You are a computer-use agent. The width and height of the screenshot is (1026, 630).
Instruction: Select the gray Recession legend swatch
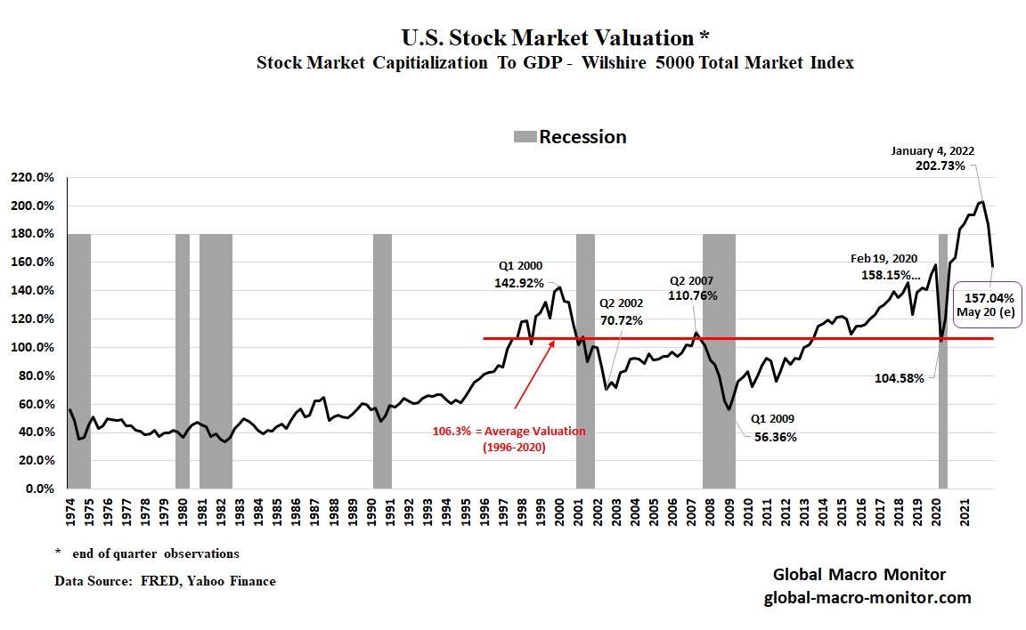pos(525,137)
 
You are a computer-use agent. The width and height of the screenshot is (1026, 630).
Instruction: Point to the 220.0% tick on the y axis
pos(34,177)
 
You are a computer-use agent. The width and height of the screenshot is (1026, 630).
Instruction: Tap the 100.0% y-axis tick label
pos(34,347)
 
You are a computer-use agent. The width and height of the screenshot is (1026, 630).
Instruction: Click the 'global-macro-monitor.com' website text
pos(867,597)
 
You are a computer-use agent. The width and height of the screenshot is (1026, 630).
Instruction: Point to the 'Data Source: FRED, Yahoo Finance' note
pos(166,581)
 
